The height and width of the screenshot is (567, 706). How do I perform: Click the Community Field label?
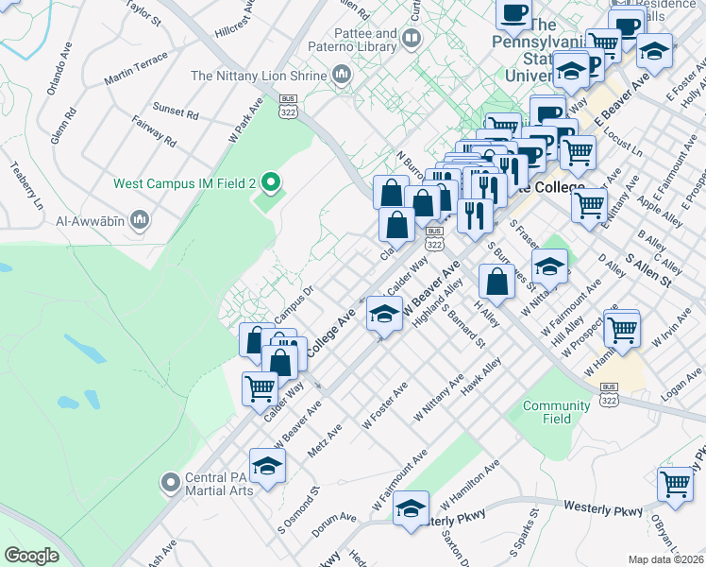pyautogui.click(x=543, y=412)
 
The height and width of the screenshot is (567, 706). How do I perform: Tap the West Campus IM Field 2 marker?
pyautogui.click(x=270, y=182)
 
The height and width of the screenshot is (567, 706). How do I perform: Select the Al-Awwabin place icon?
pyautogui.click(x=140, y=221)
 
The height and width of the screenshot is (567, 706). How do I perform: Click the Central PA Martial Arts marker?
pyautogui.click(x=170, y=483)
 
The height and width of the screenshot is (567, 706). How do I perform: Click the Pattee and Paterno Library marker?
pyautogui.click(x=411, y=39)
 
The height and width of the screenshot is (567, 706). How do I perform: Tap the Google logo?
pyautogui.click(x=31, y=556)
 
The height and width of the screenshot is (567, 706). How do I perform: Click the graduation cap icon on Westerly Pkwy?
pyautogui.click(x=411, y=509)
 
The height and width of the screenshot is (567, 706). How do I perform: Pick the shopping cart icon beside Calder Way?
pyautogui.click(x=261, y=387)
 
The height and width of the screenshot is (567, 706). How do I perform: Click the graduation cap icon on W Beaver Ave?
pyautogui.click(x=384, y=315)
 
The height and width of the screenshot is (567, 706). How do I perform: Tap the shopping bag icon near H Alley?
pyautogui.click(x=496, y=281)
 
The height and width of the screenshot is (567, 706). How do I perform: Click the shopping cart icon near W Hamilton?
pyautogui.click(x=622, y=330)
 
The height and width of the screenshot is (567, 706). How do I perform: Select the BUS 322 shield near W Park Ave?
pyautogui.click(x=288, y=107)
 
